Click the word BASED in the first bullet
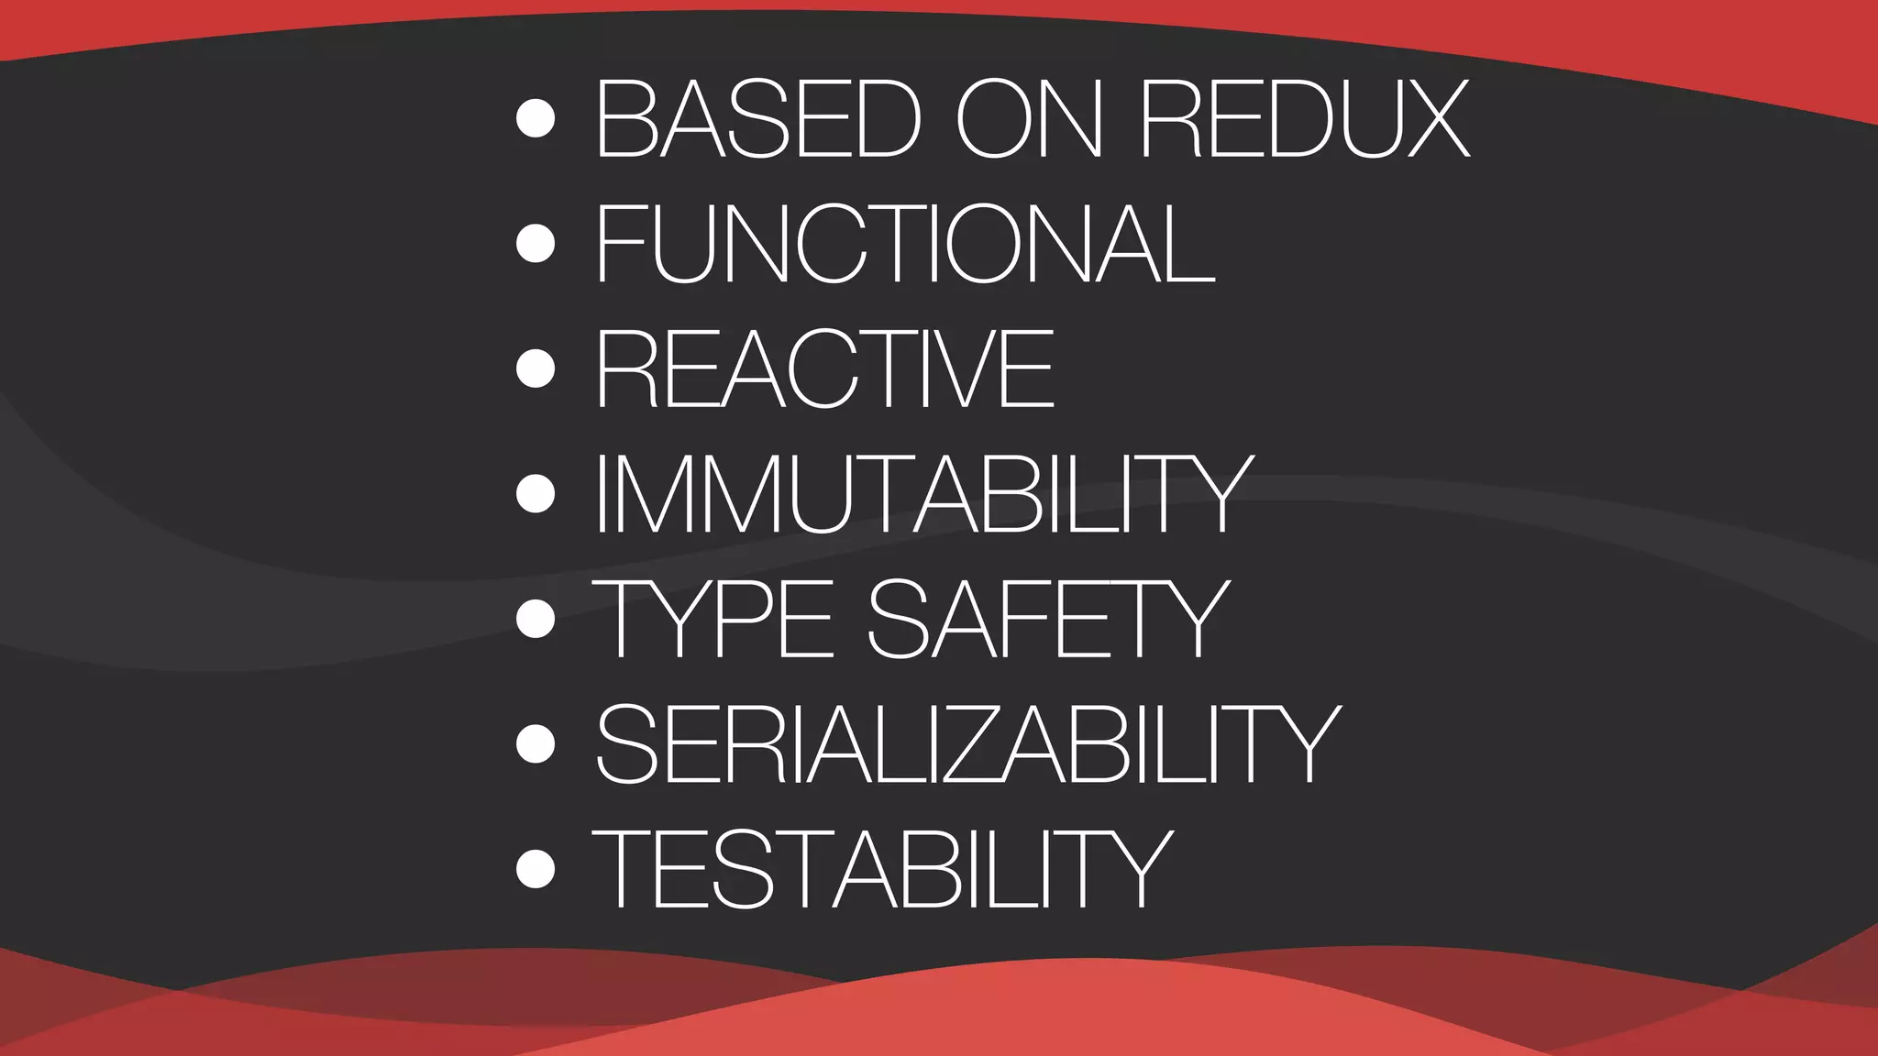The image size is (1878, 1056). [758, 119]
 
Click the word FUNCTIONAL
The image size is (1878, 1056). [905, 244]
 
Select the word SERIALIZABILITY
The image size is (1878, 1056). [967, 743]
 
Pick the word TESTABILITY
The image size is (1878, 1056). [883, 868]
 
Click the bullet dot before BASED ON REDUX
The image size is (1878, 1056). [536, 119]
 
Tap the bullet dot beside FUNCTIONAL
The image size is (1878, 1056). [536, 244]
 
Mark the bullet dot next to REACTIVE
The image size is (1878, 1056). [536, 368]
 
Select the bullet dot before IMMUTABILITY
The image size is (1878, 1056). [536, 494]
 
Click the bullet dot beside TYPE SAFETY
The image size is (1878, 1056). [536, 619]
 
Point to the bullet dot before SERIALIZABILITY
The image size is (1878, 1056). [536, 743]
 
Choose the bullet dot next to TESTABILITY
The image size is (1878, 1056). [536, 868]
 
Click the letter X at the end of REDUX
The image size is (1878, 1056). [1431, 119]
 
